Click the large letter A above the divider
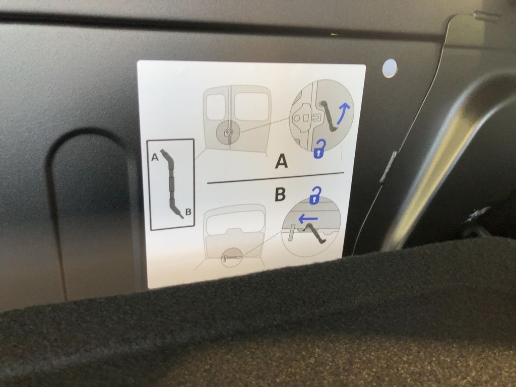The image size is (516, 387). tap(281, 162)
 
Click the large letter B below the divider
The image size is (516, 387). tap(280, 195)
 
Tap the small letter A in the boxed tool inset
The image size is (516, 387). tap(155, 157)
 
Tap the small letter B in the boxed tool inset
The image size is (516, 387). tap(188, 212)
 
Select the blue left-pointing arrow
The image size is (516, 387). tap(308, 218)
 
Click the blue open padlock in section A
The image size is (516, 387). tap(319, 149)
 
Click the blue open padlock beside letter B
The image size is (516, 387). tap(315, 196)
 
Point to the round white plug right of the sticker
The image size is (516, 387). tap(390, 68)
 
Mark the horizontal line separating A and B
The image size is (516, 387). tap(275, 178)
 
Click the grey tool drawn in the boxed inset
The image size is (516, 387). tap(172, 183)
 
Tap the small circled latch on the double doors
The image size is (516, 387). tap(228, 133)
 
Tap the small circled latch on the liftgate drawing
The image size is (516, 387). tap(232, 257)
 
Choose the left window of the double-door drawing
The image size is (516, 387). tap(216, 107)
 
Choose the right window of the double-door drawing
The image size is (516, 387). tap(251, 105)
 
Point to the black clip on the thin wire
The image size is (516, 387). tap(388, 166)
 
